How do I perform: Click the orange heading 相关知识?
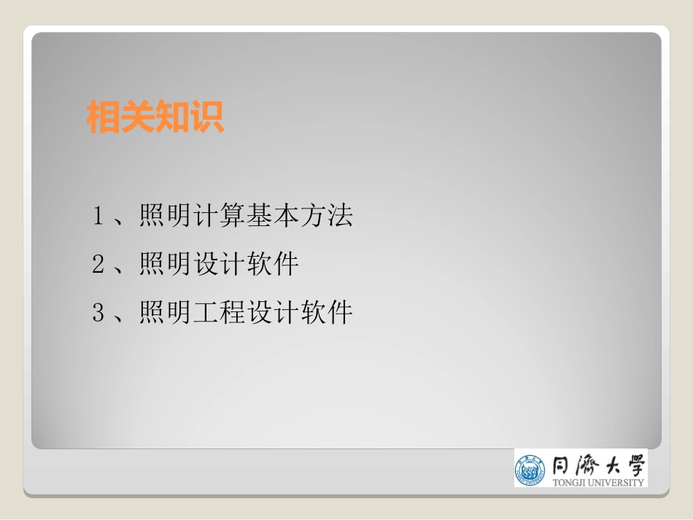(155, 117)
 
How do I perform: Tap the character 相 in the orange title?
(104, 117)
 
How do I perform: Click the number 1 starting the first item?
(98, 216)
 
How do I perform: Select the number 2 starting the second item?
(98, 265)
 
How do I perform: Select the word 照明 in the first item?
(166, 216)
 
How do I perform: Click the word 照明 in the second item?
(166, 265)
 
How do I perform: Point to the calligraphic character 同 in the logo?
(561, 465)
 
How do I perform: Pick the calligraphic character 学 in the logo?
(633, 465)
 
